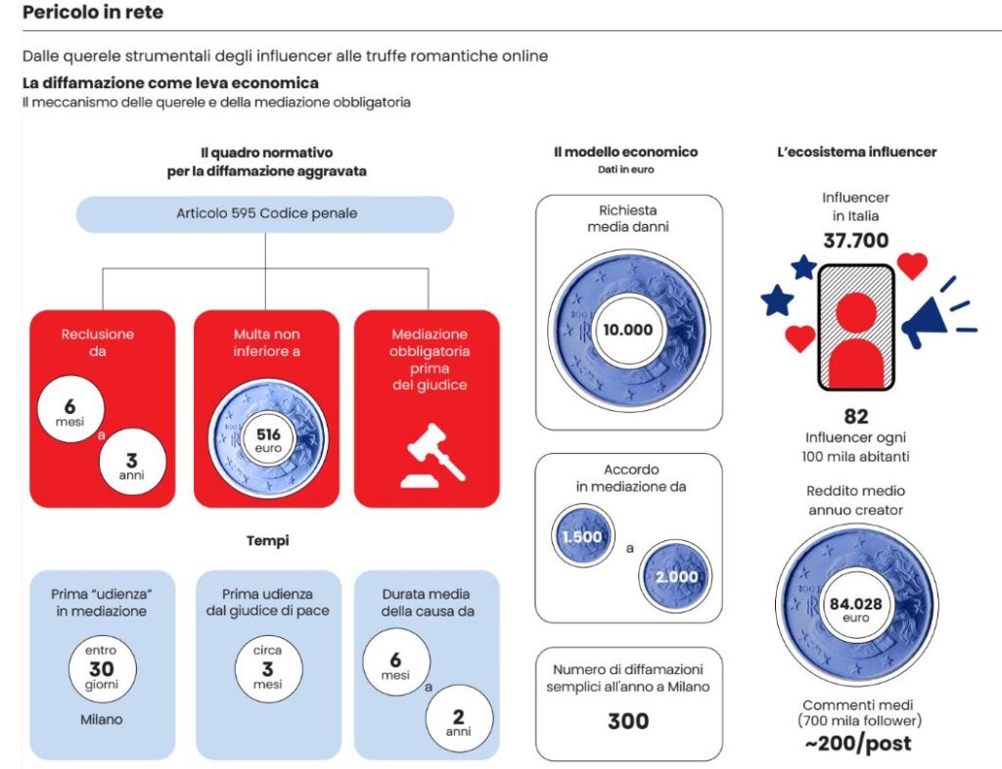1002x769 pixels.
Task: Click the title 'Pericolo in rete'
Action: coord(93,13)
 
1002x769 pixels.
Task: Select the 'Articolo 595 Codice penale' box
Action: coord(266,213)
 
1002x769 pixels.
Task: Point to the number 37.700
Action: coord(854,241)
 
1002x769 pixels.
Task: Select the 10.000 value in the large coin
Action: coord(628,330)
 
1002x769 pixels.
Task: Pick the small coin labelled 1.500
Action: coord(581,537)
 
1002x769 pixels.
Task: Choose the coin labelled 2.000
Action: coord(676,575)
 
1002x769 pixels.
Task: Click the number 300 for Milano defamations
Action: coord(627,721)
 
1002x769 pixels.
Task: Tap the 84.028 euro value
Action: coord(855,605)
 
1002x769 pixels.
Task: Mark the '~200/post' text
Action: coord(856,744)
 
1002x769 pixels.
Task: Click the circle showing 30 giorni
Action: coord(102,669)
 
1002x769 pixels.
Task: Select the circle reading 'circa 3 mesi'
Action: coord(267,669)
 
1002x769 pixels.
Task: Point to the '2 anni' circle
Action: coord(459,719)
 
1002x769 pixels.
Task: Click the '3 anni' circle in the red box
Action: coord(133,461)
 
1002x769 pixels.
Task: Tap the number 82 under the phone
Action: coord(855,416)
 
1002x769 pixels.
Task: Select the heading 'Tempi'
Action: coord(267,540)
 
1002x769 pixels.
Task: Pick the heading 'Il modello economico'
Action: coord(625,153)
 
